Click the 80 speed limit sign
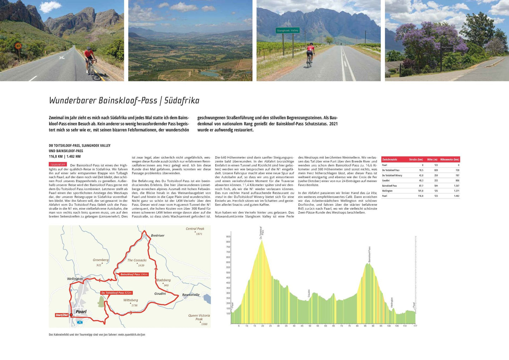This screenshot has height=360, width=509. point(18,46)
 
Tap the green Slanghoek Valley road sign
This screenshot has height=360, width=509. point(287,31)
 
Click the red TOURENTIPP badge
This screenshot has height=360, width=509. point(58,165)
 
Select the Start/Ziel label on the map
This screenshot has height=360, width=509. point(62,315)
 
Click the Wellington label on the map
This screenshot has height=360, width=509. point(75,279)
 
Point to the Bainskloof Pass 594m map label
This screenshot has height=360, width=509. point(134,274)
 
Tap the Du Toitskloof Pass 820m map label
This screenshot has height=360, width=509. point(116,293)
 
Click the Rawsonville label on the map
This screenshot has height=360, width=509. point(191,295)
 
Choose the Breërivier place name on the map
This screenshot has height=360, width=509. point(157,235)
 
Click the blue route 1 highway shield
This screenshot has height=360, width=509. point(80,322)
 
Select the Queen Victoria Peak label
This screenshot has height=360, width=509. point(199,317)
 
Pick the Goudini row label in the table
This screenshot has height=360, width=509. point(386,180)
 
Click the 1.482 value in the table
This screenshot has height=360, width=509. point(456,196)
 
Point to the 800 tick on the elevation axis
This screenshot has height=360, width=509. point(228,242)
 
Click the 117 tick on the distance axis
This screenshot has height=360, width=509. point(415,326)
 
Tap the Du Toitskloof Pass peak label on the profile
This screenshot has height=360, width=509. point(261,233)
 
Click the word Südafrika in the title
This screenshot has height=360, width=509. point(182,100)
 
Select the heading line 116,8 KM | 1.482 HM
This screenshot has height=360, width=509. point(65,156)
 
